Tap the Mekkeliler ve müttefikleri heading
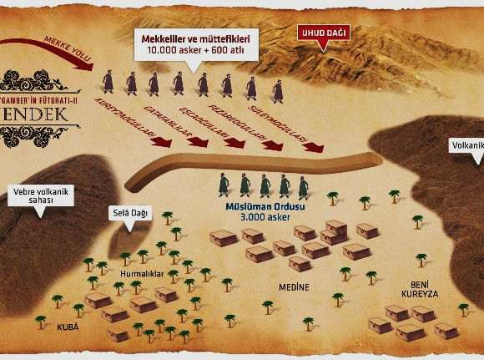coord(199,37)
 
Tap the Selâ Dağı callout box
coord(129,214)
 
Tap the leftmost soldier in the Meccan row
coord(108,83)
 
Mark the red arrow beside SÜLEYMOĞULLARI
coord(312,147)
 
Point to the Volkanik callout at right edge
coord(467,145)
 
